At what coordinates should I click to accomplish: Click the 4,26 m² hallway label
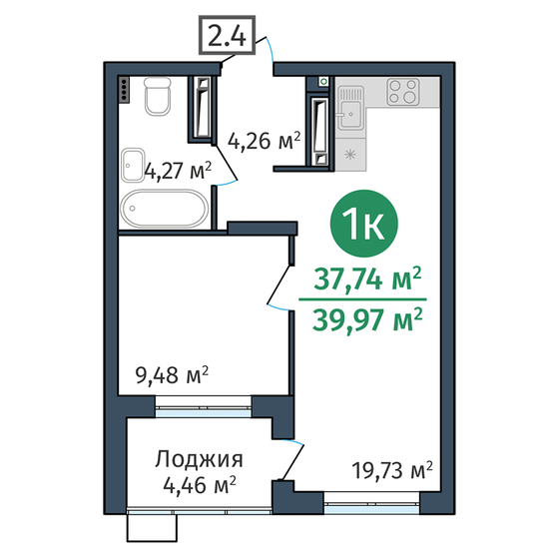pyautogui.click(x=265, y=142)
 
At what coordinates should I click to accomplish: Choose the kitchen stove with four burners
pyautogui.click(x=403, y=93)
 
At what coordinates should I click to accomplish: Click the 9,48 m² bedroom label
pyautogui.click(x=172, y=375)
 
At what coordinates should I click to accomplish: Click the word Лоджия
pyautogui.click(x=200, y=460)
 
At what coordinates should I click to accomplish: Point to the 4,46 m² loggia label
pyautogui.click(x=200, y=485)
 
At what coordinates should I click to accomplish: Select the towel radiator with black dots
pyautogui.click(x=124, y=89)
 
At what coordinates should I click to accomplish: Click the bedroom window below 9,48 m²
pyautogui.click(x=203, y=404)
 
